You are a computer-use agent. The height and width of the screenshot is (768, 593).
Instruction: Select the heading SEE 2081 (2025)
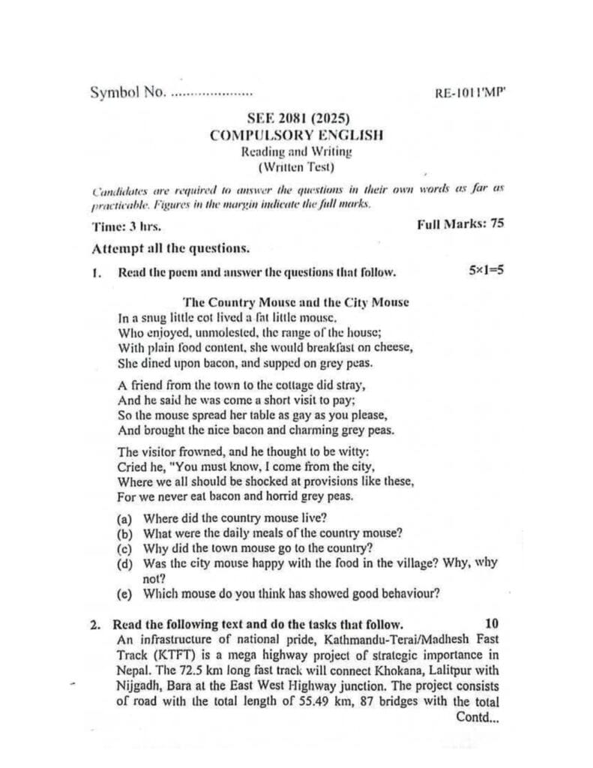tap(296, 119)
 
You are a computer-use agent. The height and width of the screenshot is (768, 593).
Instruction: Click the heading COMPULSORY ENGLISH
tap(296, 136)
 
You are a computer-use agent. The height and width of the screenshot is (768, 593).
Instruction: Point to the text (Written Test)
tap(296, 166)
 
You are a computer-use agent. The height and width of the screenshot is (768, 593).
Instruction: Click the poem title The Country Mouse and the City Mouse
tap(296, 302)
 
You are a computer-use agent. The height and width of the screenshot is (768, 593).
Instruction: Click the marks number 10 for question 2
tap(492, 623)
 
